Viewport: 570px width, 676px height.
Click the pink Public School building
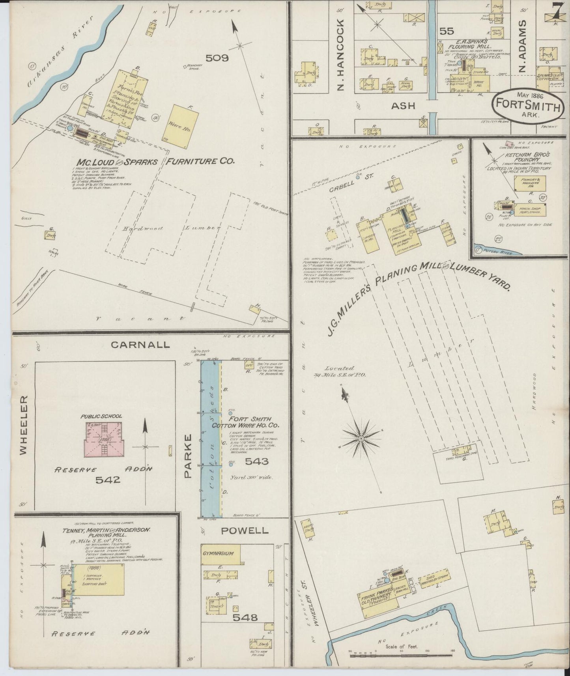(x=104, y=439)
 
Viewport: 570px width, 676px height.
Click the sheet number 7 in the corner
(x=557, y=11)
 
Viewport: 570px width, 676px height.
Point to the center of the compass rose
(x=361, y=438)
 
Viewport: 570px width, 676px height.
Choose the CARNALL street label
(x=140, y=345)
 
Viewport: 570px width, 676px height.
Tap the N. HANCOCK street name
(x=341, y=54)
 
